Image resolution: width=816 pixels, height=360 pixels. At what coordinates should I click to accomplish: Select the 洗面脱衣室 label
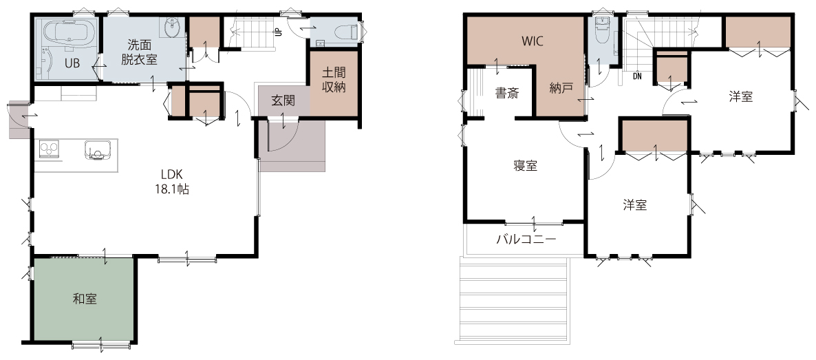coord(140,52)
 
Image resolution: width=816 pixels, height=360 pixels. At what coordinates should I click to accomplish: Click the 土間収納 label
coord(334,80)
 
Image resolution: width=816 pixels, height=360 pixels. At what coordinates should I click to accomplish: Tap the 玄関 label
coord(283,100)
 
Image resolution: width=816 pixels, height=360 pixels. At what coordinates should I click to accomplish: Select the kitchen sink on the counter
coord(97,149)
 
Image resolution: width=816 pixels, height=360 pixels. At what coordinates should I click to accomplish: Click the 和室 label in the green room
coord(85,299)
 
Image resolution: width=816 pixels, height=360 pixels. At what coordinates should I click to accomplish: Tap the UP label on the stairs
coord(279,32)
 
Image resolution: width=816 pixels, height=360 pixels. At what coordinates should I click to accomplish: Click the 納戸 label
coord(561,88)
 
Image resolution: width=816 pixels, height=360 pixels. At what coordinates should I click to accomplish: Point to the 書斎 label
coord(506,94)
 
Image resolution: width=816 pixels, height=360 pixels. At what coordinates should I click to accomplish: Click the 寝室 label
coord(525,166)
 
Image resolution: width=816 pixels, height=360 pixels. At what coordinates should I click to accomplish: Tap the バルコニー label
coord(526,240)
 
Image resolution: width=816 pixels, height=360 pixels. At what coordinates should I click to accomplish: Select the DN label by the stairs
coord(638,76)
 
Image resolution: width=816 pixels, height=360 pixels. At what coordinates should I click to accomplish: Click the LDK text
coord(171,175)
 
